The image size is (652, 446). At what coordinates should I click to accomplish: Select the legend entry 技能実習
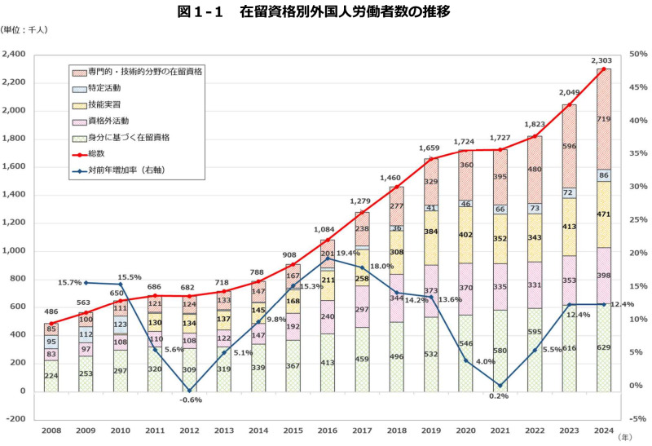[x=105, y=105]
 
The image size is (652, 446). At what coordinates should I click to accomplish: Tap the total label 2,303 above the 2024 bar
[x=601, y=60]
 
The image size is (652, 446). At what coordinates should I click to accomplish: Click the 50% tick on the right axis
[x=637, y=55]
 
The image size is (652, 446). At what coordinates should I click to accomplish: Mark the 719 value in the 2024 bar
[x=604, y=119]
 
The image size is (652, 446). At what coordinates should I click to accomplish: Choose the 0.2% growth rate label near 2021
[x=500, y=397]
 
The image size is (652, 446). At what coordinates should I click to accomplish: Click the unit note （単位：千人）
[x=24, y=30]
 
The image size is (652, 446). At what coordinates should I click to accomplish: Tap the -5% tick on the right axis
[x=637, y=418]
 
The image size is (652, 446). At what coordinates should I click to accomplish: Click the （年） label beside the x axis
[x=624, y=437]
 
